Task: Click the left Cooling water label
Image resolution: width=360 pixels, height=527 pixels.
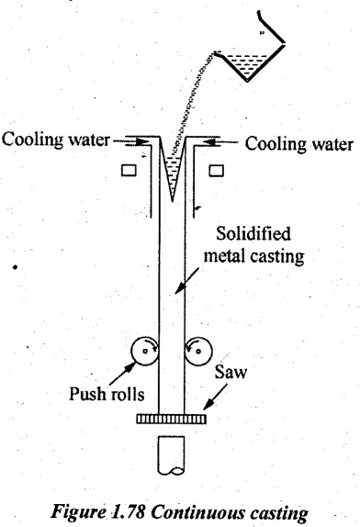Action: coord(56,140)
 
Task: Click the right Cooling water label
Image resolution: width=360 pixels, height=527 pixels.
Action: coord(298,144)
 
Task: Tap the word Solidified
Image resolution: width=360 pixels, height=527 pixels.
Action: coord(253,234)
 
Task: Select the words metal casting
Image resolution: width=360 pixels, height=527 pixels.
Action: coord(253,256)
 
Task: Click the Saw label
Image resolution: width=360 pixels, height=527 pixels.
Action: coord(231,373)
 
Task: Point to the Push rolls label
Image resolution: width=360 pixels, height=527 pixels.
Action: coord(107,393)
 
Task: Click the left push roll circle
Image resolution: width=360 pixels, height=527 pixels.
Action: coord(144,351)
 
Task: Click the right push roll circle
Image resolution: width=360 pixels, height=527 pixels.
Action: coord(198,351)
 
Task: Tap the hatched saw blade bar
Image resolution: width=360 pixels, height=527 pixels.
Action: coord(172,419)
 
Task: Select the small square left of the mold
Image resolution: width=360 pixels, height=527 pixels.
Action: coord(129,170)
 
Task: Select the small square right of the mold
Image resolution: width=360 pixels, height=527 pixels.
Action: coord(216,170)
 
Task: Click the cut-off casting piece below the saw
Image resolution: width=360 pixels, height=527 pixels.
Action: coord(171,455)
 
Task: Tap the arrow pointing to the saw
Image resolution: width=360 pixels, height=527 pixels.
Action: coord(215,398)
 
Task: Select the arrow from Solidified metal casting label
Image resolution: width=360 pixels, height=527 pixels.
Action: coord(187,280)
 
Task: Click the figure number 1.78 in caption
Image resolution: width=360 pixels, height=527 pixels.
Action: coord(127,512)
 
